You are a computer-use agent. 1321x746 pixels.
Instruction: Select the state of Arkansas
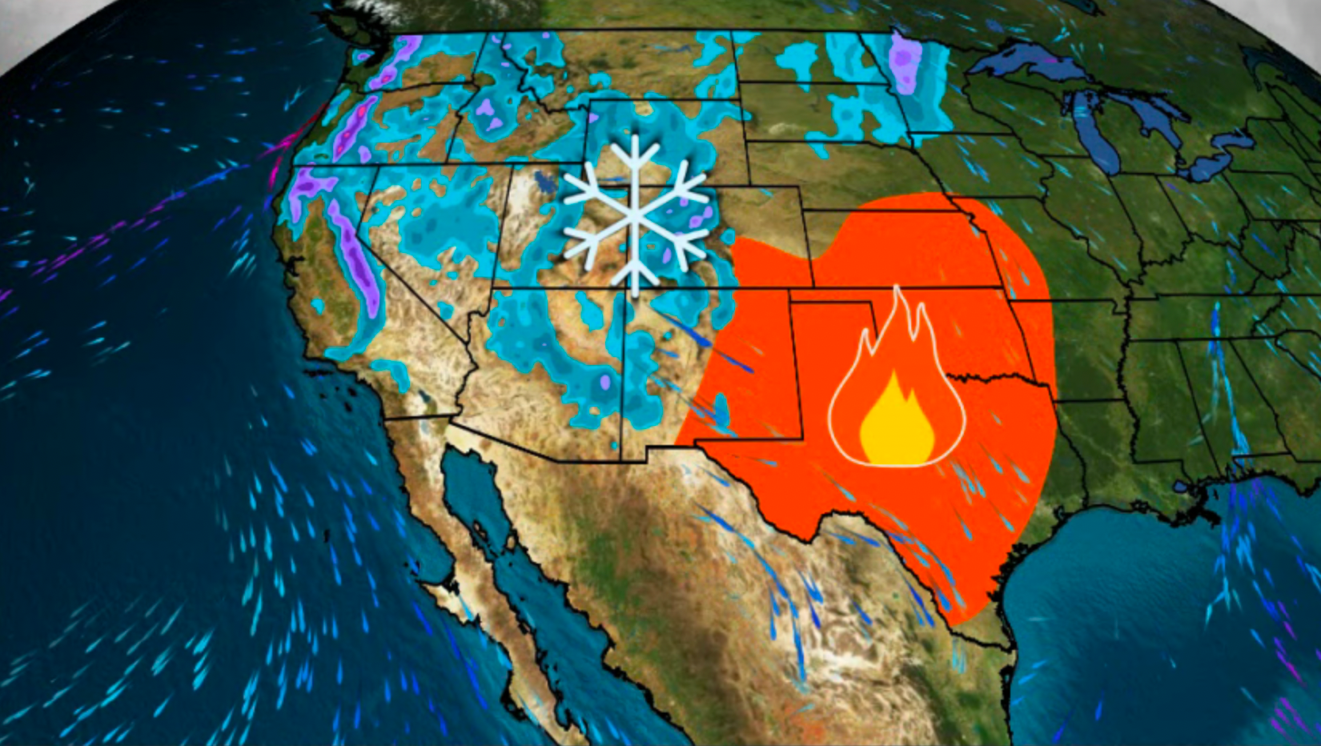pos(1089,352)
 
